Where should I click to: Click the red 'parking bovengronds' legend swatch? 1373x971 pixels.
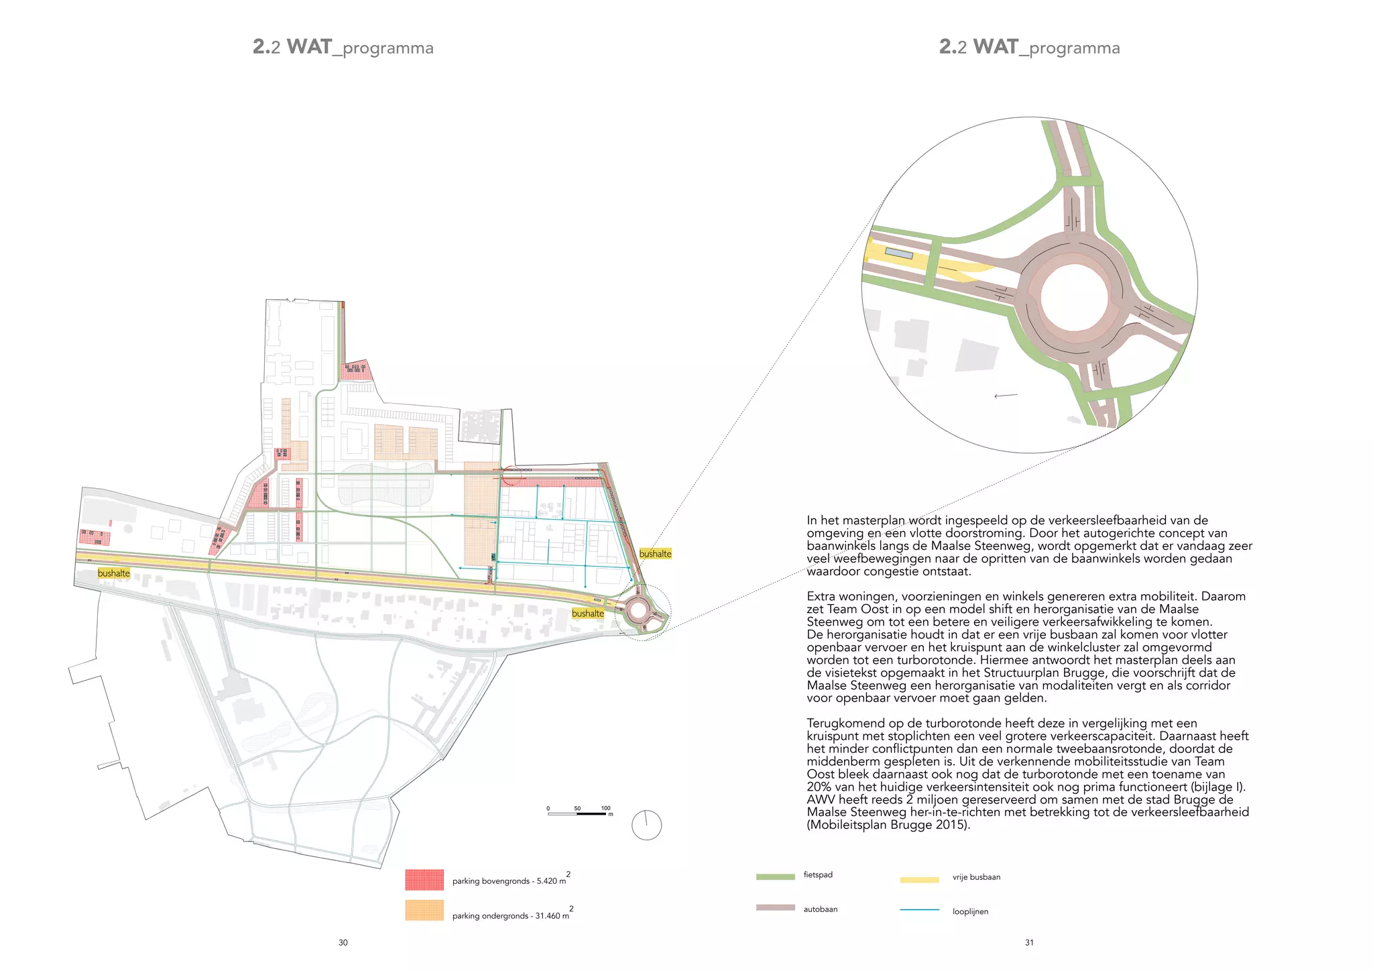424,879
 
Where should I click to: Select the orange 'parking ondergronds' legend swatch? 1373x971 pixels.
424,910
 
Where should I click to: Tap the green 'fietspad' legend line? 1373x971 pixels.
775,876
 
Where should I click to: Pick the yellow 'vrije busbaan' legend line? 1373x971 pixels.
919,879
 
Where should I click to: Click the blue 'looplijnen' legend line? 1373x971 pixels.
919,910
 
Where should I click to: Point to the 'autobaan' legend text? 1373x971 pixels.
821,909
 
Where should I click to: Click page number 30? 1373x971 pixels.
343,943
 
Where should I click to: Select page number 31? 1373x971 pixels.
1029,943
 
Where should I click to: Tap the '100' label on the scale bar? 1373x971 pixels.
606,808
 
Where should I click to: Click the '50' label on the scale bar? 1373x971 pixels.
577,808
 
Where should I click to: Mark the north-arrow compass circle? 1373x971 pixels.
647,825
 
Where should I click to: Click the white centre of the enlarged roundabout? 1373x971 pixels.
1074,296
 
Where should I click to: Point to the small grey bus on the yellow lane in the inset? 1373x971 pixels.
899,253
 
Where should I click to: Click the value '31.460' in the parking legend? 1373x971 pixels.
549,916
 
